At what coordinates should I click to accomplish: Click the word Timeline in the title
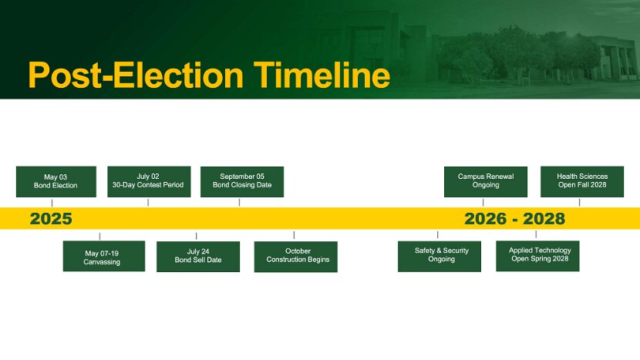[322, 75]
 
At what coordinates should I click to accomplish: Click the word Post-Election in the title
[136, 75]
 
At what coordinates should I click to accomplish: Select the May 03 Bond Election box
[56, 182]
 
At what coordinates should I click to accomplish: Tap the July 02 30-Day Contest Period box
[149, 182]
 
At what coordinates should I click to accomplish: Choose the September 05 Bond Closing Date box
[242, 182]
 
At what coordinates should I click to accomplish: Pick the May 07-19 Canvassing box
[104, 256]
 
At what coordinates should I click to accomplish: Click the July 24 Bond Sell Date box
[198, 257]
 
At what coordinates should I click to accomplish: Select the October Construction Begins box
[296, 257]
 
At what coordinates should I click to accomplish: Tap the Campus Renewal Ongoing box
[486, 182]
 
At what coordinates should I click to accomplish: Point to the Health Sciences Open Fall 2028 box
[582, 182]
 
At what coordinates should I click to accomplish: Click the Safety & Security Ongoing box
[440, 257]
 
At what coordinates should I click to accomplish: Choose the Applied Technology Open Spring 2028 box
[537, 256]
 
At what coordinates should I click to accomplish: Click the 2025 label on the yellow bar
[51, 219]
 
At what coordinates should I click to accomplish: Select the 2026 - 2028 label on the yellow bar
[514, 219]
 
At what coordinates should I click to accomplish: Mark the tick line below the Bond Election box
[52, 203]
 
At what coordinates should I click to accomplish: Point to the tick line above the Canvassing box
[99, 237]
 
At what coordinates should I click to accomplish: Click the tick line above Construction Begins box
[294, 235]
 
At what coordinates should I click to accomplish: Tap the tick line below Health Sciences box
[580, 203]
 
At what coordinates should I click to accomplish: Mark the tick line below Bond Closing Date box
[239, 203]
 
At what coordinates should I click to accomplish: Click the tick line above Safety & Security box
[437, 234]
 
